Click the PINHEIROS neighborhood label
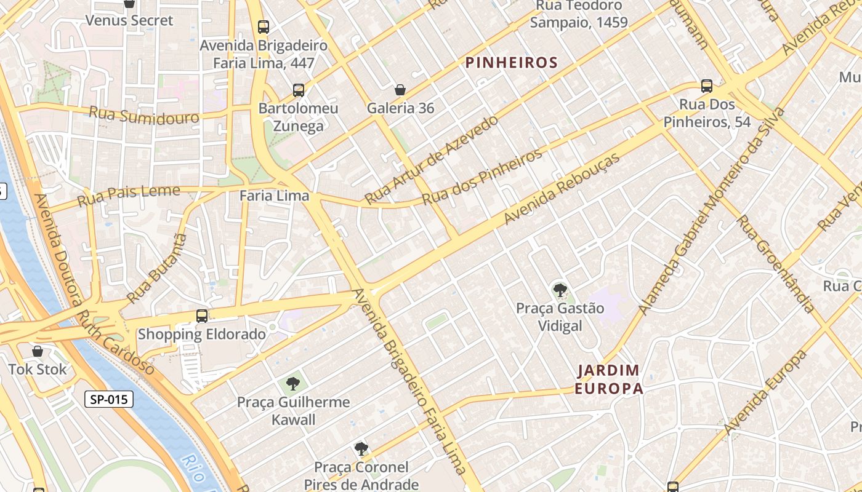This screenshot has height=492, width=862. (x=511, y=62)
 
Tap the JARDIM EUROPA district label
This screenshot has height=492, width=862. (x=608, y=379)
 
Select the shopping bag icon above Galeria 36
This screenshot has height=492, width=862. (x=400, y=90)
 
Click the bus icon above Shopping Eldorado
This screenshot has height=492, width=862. (x=201, y=316)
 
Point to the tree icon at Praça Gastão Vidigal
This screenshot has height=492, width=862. (x=560, y=290)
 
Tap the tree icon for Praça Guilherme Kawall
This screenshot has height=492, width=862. (x=293, y=384)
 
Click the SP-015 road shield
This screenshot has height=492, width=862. (x=109, y=399)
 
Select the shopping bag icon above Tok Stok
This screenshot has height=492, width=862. (x=38, y=351)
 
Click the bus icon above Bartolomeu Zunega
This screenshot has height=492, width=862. (x=299, y=90)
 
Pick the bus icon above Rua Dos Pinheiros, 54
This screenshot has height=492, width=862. (x=707, y=86)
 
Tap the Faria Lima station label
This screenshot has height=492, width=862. (x=274, y=196)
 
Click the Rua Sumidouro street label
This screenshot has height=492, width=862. (x=144, y=115)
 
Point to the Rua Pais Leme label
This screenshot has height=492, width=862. (x=129, y=196)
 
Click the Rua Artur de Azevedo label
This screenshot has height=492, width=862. (x=431, y=160)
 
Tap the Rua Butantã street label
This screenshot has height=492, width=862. (x=156, y=268)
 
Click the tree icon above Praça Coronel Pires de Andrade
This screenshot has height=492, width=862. (x=361, y=449)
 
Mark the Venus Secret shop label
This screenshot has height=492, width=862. (x=129, y=20)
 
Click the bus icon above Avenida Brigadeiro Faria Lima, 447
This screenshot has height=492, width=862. (x=264, y=27)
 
